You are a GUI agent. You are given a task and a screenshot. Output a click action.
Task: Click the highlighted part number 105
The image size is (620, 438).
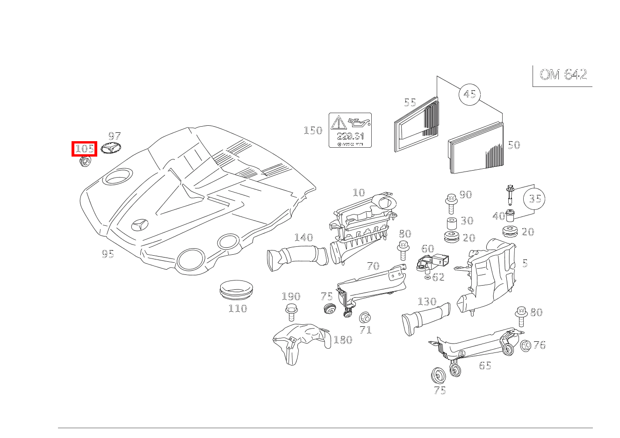tap(84, 149)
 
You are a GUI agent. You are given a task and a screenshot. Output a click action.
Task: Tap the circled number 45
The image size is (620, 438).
tap(469, 94)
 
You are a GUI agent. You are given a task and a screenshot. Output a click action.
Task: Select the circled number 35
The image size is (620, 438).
tap(534, 199)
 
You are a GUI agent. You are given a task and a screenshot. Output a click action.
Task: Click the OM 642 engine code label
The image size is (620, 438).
tap(563, 75)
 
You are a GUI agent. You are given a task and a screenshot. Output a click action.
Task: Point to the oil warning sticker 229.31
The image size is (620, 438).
tap(350, 130)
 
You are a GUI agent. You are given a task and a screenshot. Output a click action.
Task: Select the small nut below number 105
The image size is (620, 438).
tap(85, 162)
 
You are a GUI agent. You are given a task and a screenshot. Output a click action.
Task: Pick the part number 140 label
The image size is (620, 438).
tap(303, 237)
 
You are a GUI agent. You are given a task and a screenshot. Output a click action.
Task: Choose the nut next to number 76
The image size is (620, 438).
tap(525, 345)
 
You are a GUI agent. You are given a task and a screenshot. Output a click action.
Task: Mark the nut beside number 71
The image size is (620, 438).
tap(364, 318)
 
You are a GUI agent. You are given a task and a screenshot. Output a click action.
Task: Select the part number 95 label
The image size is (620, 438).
tap(108, 254)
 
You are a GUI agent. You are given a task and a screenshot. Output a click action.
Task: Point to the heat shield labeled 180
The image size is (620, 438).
tap(299, 340)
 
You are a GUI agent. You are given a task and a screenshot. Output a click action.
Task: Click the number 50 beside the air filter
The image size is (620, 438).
tap(513, 145)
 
